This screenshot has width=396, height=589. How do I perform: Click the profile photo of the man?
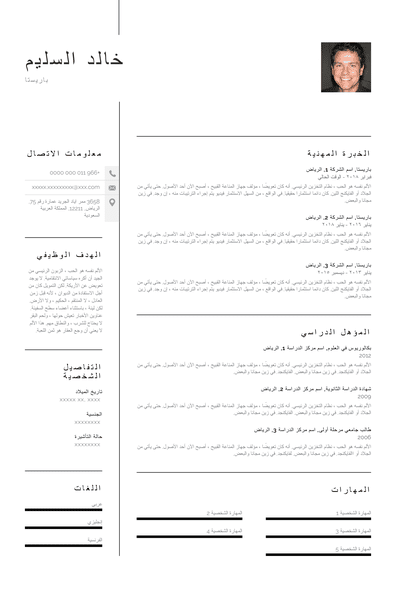coord(345,67)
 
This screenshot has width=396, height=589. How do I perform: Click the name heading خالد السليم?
coord(75,59)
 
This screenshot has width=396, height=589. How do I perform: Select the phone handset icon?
coord(112,173)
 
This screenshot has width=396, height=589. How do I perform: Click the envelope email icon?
coord(112,187)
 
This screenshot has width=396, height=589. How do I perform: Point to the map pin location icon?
coord(112,203)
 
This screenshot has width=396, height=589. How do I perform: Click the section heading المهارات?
coord(350,490)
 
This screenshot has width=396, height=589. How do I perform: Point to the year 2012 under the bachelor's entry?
coord(365,355)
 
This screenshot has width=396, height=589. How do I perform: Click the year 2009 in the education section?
coord(365,396)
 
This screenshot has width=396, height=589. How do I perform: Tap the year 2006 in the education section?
coord(365,437)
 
